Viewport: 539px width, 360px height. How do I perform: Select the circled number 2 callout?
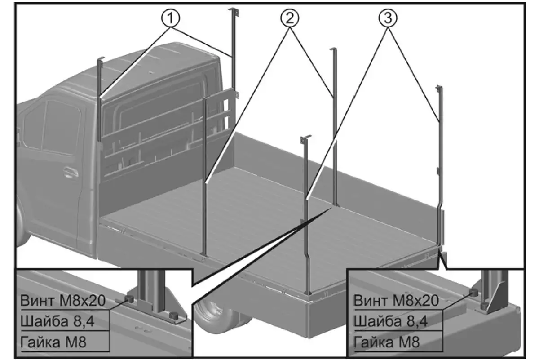[290, 18]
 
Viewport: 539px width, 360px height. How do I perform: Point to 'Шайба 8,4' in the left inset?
[58, 321]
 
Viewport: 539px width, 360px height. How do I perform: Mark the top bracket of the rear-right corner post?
[439, 88]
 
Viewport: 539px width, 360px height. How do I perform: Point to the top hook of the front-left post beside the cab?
[101, 59]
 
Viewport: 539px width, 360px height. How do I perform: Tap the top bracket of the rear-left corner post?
[306, 137]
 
